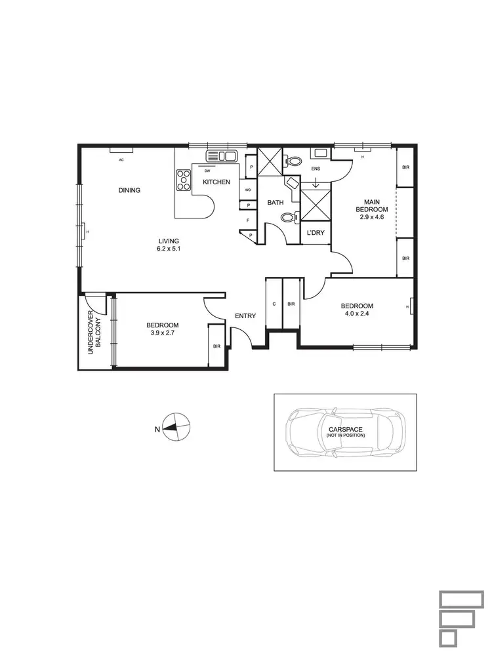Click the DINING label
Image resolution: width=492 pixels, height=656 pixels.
coord(129,190)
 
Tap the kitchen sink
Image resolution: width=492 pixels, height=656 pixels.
coord(221,156)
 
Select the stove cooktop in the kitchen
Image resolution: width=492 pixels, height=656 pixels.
coord(182,180)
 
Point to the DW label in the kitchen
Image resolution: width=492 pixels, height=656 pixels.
coord(207,171)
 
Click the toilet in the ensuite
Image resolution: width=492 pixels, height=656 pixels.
coord(294,160)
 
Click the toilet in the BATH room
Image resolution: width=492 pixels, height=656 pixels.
coord(287,218)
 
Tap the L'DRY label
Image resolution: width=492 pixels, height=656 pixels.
coord(316,233)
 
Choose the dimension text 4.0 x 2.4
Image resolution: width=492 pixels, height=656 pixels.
coord(357,314)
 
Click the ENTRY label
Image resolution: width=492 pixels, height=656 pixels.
coord(245,316)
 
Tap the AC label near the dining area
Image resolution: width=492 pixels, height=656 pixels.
coord(121,159)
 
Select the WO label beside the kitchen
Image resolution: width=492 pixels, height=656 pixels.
coord(248,190)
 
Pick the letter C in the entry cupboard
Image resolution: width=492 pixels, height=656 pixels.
coord(274,304)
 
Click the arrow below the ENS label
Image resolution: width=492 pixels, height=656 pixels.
coord(316,184)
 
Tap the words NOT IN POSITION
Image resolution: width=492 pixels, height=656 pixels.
coord(345,436)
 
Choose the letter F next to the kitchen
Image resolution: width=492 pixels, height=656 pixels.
coord(248,220)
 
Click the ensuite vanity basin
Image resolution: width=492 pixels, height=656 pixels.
coord(320,154)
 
